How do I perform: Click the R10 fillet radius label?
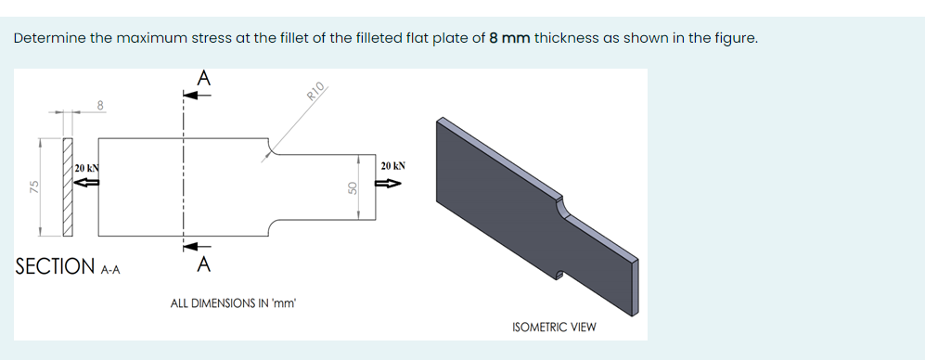click(315, 91)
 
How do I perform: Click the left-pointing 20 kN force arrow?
click(86, 183)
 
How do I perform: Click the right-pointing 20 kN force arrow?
click(387, 184)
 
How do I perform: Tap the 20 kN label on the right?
click(393, 166)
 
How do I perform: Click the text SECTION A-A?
click(68, 267)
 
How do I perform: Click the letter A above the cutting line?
click(203, 78)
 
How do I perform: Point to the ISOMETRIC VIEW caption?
click(554, 327)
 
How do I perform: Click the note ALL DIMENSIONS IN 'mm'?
click(233, 302)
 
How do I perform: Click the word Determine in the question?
click(46, 38)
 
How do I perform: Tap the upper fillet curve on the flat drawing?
click(273, 146)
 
